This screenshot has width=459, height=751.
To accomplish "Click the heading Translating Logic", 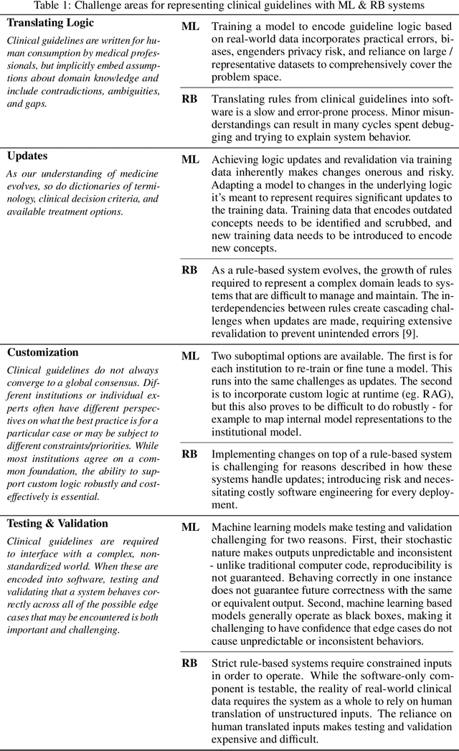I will coord(50,22).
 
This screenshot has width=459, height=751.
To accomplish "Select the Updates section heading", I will coord(27,155).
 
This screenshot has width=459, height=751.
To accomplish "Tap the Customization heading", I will coord(43,352).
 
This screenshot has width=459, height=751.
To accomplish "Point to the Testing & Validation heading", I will coord(57,524).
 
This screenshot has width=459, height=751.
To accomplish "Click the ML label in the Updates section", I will coord(190,159).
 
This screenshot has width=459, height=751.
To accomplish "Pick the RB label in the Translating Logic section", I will coord(189,98).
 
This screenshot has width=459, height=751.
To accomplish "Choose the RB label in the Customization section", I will coord(189,454).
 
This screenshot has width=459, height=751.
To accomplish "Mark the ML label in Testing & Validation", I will coord(190,527).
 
